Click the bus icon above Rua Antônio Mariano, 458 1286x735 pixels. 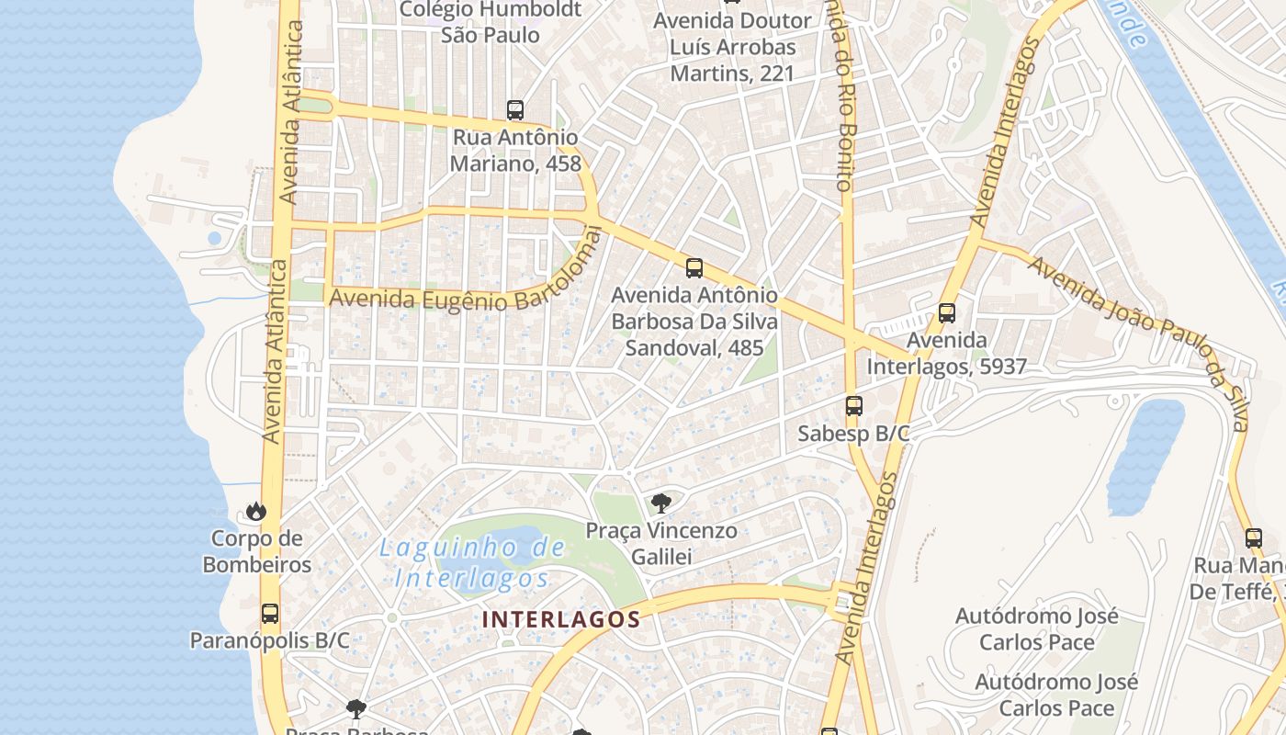coord(515,110)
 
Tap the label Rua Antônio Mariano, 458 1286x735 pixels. coord(515,151)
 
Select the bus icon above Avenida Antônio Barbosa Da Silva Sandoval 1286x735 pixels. coord(694,268)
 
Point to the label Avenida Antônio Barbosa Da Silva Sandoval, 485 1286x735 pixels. coord(694,322)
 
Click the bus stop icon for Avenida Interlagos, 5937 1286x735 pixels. coord(947,313)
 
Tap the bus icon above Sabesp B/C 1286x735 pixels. coord(854,406)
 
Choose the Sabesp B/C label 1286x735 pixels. coord(853,434)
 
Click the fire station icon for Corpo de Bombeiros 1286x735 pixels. coord(256,511)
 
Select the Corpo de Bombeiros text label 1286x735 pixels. coord(257,551)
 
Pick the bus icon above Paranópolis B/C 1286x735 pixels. coord(270,614)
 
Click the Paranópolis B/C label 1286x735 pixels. coord(269,640)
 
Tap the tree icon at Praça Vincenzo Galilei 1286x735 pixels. coord(660,503)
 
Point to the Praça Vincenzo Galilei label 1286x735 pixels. coord(661,543)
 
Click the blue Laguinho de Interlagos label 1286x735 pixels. coord(472,563)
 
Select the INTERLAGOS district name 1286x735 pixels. coord(560,619)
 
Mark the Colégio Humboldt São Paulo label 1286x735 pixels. coord(491,23)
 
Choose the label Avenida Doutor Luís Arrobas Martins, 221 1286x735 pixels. coord(732,47)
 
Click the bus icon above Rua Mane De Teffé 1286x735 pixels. coord(1254,538)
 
